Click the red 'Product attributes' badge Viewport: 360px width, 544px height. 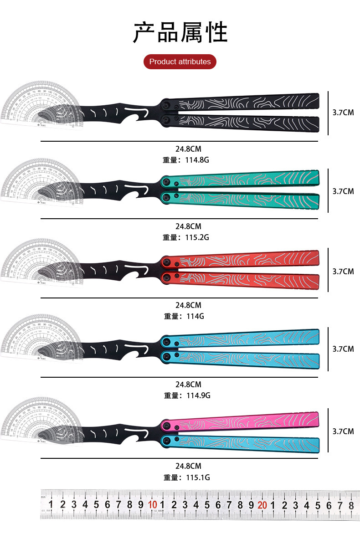(x=180, y=62)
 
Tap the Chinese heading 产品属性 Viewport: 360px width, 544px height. (x=180, y=32)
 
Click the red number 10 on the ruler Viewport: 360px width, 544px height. (x=152, y=504)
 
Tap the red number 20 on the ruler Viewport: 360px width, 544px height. (x=262, y=504)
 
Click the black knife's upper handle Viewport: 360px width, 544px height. (x=246, y=102)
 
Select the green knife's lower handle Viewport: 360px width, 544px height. (x=246, y=200)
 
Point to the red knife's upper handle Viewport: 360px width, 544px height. (x=246, y=259)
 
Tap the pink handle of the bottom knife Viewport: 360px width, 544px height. (x=246, y=421)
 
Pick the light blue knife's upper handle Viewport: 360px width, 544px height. (x=246, y=339)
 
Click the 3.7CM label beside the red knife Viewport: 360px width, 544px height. (x=343, y=271)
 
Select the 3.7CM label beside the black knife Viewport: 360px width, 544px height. (x=343, y=112)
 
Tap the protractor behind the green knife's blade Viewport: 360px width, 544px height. (x=27, y=180)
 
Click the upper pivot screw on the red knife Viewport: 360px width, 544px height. (x=167, y=262)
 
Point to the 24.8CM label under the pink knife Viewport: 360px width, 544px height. (x=188, y=466)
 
